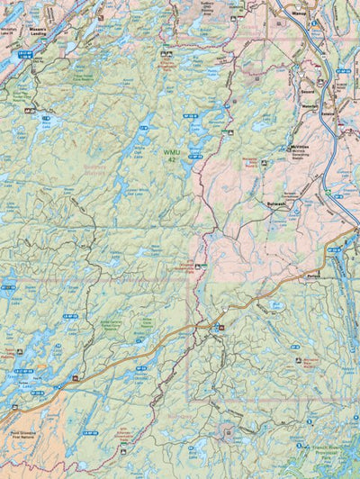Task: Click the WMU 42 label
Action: coord(171,155)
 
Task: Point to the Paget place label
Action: coord(313,276)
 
